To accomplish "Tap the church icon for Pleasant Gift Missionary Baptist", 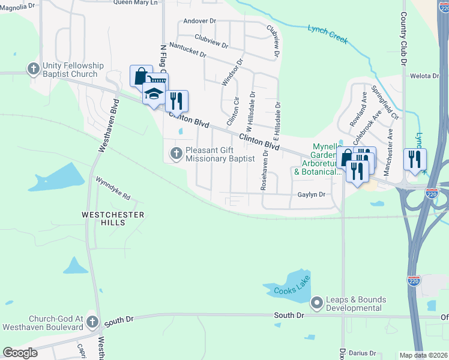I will tap(176, 154).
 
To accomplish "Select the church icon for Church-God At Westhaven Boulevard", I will tap(92, 323).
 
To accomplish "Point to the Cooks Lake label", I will tap(292, 291).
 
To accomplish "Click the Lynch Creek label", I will tap(328, 32).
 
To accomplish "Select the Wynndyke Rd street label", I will tap(113, 188).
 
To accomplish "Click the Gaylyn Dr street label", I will tap(311, 194).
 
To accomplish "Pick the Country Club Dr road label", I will tap(403, 39).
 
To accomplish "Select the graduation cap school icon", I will tap(154, 94).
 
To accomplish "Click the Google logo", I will tap(20, 353).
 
